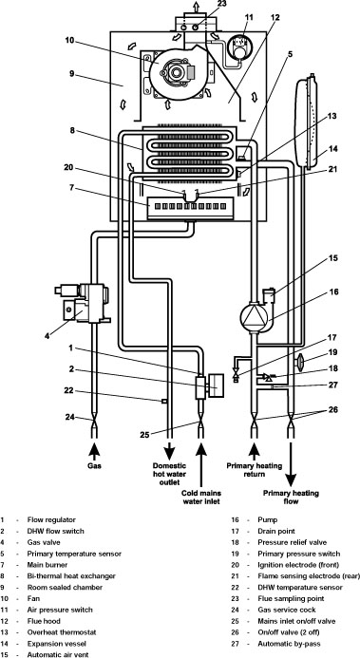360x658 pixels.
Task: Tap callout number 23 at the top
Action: (x=220, y=5)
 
